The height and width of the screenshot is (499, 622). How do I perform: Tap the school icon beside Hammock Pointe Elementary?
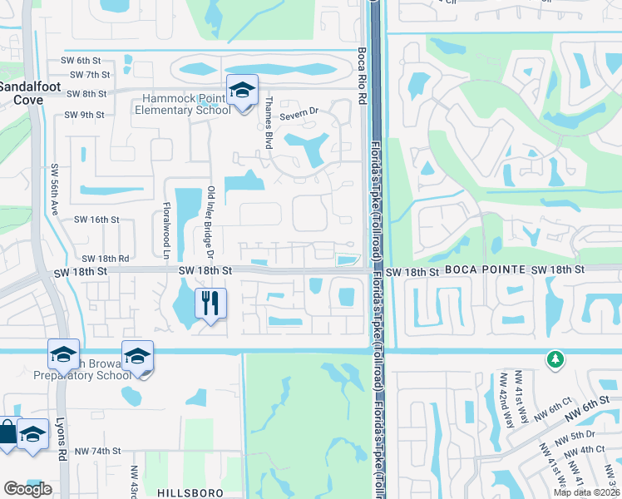pyautogui.click(x=242, y=91)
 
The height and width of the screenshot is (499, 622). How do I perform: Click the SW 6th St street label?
pyautogui.click(x=81, y=61)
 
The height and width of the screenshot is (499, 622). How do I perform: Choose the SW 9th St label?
pyautogui.click(x=86, y=115)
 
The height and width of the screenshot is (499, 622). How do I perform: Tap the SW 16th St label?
pyautogui.click(x=97, y=220)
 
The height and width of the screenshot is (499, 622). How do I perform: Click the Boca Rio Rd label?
pyautogui.click(x=362, y=74)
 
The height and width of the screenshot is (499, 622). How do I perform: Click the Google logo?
pyautogui.click(x=27, y=489)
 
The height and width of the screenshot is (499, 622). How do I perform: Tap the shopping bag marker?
pyautogui.click(x=7, y=433)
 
